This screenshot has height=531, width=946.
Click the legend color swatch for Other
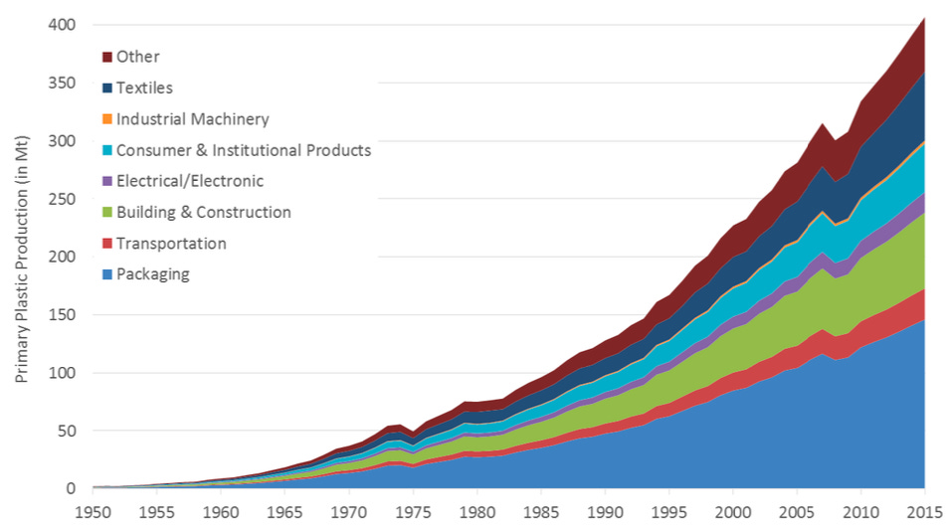click(x=106, y=57)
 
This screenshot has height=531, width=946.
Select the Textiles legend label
click(x=144, y=88)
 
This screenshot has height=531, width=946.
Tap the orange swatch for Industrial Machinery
click(x=106, y=119)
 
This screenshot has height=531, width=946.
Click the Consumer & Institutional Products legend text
click(x=243, y=150)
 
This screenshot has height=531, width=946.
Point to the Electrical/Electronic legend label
click(x=189, y=181)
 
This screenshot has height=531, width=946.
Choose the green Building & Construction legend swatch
click(x=106, y=212)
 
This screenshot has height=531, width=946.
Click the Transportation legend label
click(x=171, y=244)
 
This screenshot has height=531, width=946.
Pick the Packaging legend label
click(x=152, y=274)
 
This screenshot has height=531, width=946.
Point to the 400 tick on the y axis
click(x=63, y=25)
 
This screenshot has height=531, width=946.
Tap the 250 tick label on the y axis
click(x=63, y=199)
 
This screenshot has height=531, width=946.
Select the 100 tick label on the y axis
click(x=63, y=373)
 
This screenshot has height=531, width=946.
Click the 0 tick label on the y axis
click(x=71, y=489)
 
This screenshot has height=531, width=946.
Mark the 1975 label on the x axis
click(x=412, y=514)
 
